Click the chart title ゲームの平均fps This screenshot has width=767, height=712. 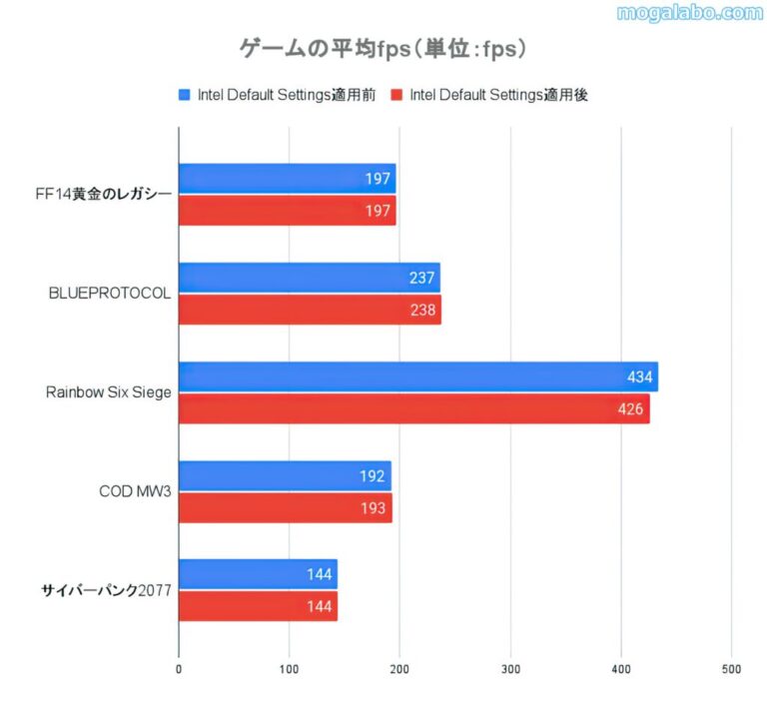click(x=383, y=48)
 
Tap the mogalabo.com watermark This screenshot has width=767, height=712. click(x=689, y=13)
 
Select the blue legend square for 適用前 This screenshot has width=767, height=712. click(x=184, y=95)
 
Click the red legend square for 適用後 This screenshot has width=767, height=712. click(x=395, y=95)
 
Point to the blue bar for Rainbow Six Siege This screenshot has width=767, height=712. click(x=417, y=376)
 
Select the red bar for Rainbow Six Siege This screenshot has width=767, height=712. click(x=413, y=408)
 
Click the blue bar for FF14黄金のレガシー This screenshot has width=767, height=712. click(x=287, y=179)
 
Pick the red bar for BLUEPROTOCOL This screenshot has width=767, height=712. click(x=310, y=310)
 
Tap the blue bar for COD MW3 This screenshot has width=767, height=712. click(x=285, y=475)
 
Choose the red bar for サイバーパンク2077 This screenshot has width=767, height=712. click(x=258, y=606)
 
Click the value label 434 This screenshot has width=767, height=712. click(x=639, y=376)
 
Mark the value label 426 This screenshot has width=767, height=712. click(x=631, y=408)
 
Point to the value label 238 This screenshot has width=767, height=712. click(x=422, y=310)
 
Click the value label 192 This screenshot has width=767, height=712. click(x=372, y=475)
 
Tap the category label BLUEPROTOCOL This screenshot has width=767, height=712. click(x=110, y=294)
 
